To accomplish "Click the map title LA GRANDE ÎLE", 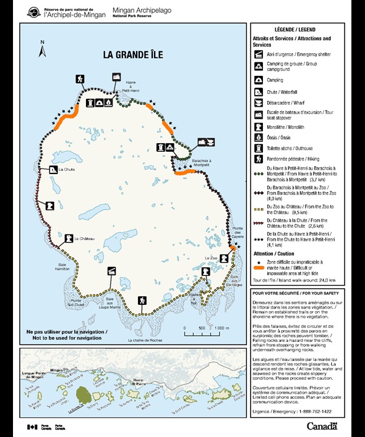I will click(132, 54).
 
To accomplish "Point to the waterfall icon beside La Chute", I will click(54, 169).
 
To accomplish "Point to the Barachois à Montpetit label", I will click(192, 162).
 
